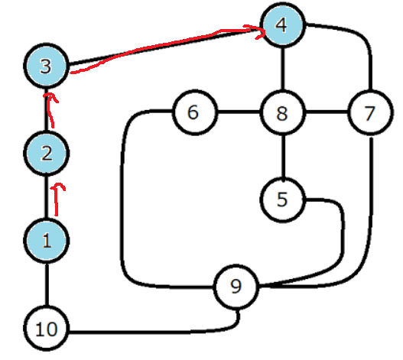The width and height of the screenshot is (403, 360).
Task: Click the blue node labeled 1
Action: pyautogui.click(x=46, y=241)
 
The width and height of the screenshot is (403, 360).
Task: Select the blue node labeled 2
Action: pyautogui.click(x=46, y=154)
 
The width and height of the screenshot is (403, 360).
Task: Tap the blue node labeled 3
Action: pyautogui.click(x=46, y=66)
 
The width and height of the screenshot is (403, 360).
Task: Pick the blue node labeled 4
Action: pyautogui.click(x=283, y=25)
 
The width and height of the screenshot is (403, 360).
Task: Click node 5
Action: pyautogui.click(x=283, y=199)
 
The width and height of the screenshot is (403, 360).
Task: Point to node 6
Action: pyautogui.click(x=194, y=112)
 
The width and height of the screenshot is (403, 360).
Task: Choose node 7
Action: pyautogui.click(x=370, y=112)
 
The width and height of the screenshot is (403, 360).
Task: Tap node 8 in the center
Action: pyautogui.click(x=283, y=112)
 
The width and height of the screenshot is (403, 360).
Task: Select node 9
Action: pyautogui.click(x=236, y=287)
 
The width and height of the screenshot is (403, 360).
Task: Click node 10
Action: pyautogui.click(x=46, y=329)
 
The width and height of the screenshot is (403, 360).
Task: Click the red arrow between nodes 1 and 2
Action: pyautogui.click(x=57, y=199)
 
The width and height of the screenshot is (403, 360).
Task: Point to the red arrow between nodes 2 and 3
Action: pyautogui.click(x=50, y=111)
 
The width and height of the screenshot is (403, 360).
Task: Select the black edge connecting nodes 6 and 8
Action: pyautogui.click(x=239, y=112)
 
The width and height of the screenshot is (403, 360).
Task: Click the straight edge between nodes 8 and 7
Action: pyautogui.click(x=327, y=112)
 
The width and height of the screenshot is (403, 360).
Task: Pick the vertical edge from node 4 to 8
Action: pyautogui.click(x=283, y=69)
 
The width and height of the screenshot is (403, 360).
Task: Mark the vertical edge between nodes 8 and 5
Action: pyautogui.click(x=283, y=156)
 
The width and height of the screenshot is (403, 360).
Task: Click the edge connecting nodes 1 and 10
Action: pyautogui.click(x=47, y=284)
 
